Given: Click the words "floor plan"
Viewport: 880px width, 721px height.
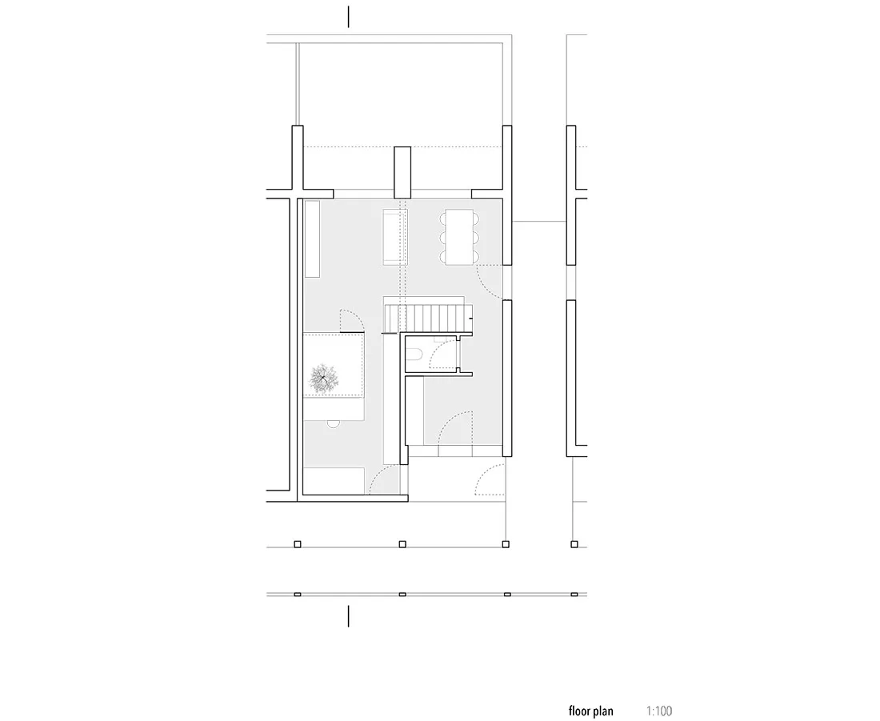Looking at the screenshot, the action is pyautogui.click(x=590, y=711).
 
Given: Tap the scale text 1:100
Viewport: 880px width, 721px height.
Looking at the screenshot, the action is pyautogui.click(x=659, y=711).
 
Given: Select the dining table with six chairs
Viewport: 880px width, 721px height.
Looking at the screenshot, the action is pyautogui.click(x=460, y=237).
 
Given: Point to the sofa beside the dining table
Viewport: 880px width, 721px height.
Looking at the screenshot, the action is pyautogui.click(x=395, y=237).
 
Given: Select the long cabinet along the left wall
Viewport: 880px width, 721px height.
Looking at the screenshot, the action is pyautogui.click(x=312, y=238).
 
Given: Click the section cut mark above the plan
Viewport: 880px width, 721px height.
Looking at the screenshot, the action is pyautogui.click(x=349, y=17).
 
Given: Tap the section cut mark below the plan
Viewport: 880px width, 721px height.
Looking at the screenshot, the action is pyautogui.click(x=349, y=616).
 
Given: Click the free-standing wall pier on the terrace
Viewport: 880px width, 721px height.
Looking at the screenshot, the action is pyautogui.click(x=402, y=172).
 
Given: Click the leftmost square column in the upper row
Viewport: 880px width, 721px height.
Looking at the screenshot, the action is pyautogui.click(x=298, y=543).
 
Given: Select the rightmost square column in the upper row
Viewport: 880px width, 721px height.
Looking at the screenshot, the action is pyautogui.click(x=574, y=543).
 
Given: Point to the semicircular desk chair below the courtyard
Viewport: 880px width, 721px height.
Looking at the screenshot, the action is pyautogui.click(x=334, y=424).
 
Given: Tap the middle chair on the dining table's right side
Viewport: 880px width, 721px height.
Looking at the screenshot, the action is pyautogui.click(x=477, y=238).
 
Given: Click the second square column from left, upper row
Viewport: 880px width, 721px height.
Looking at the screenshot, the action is pyautogui.click(x=402, y=543).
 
